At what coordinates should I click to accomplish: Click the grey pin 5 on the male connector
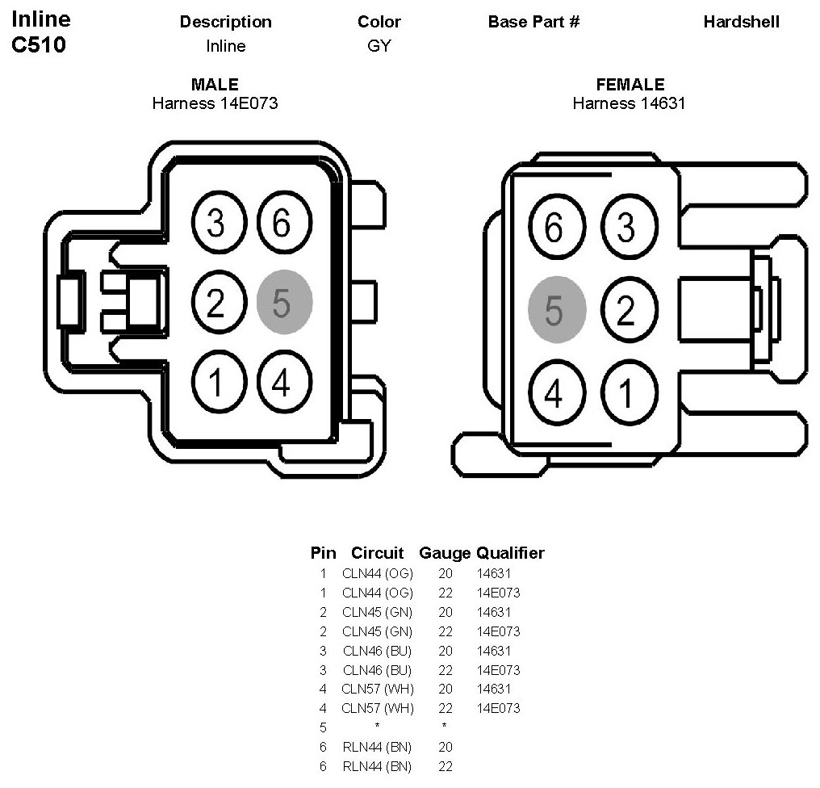284,302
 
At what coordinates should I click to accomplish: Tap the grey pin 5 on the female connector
557,309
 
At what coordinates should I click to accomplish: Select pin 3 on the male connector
219,222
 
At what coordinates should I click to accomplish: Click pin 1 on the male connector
219,381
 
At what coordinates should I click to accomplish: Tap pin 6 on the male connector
284,222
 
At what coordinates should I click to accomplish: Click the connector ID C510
39,44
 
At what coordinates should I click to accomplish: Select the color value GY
379,46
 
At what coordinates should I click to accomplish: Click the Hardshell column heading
741,22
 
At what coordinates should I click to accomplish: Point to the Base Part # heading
534,22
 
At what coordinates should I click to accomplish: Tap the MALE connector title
215,84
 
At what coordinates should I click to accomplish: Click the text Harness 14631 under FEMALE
629,103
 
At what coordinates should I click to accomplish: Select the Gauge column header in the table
445,553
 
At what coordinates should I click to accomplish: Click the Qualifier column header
510,553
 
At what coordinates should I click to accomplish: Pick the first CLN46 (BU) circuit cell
377,651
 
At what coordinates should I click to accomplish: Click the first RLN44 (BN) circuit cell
377,747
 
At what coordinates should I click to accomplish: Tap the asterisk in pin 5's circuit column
377,726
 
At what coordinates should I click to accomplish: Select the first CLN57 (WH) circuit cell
378,689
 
